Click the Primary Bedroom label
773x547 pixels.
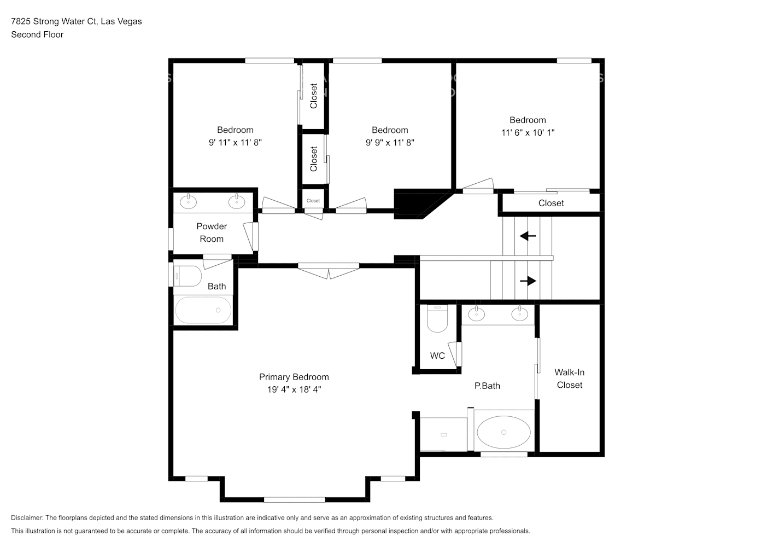pyautogui.click(x=294, y=377)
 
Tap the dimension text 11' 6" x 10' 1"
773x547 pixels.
pyautogui.click(x=528, y=132)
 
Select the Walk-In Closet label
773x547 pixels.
pyautogui.click(x=569, y=379)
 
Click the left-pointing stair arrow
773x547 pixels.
pyautogui.click(x=528, y=236)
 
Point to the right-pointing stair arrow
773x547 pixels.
pyautogui.click(x=528, y=281)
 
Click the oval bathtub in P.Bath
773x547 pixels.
pyautogui.click(x=503, y=432)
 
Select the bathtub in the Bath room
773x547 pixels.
pyautogui.click(x=203, y=310)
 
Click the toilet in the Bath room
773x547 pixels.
pyautogui.click(x=187, y=276)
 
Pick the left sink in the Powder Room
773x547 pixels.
pyautogui.click(x=188, y=201)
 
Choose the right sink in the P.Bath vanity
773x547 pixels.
pyautogui.click(x=519, y=313)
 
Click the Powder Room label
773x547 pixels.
pyautogui.click(x=212, y=232)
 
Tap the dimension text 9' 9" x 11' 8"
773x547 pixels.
pyautogui.click(x=390, y=142)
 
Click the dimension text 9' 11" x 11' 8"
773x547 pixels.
pyautogui.click(x=235, y=142)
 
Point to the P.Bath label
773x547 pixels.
pyautogui.click(x=487, y=386)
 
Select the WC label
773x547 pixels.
pyautogui.click(x=437, y=356)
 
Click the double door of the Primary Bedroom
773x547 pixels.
pyautogui.click(x=329, y=270)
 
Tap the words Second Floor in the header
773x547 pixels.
pyautogui.click(x=37, y=34)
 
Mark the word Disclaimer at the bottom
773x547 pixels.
pyautogui.click(x=27, y=517)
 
